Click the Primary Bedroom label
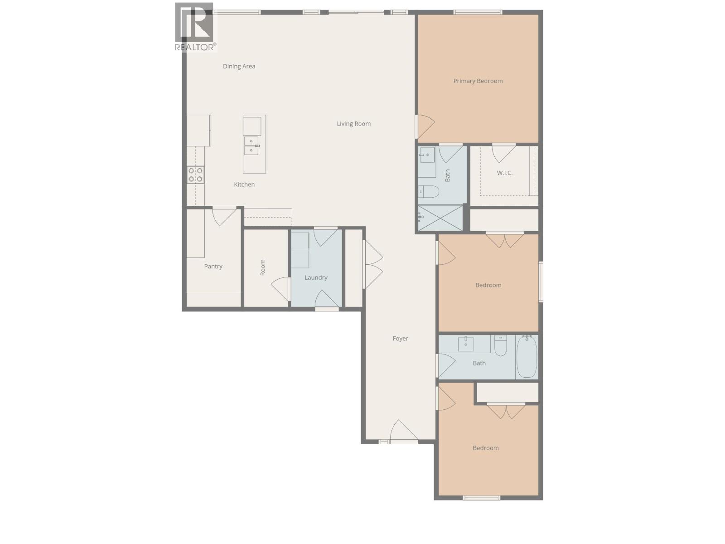[478, 81]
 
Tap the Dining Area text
[239, 66]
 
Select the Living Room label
[353, 124]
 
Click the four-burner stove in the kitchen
[196, 175]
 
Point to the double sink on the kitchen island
[251, 146]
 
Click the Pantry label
[213, 267]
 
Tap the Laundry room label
[316, 277]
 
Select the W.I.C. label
[504, 173]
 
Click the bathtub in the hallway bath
[527, 357]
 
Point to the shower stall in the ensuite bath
[440, 218]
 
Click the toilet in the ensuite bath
[429, 192]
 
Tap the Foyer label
[400, 339]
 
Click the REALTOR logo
[195, 27]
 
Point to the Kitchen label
[244, 185]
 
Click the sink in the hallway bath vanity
[465, 344]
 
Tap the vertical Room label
[262, 267]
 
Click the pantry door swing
[224, 216]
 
